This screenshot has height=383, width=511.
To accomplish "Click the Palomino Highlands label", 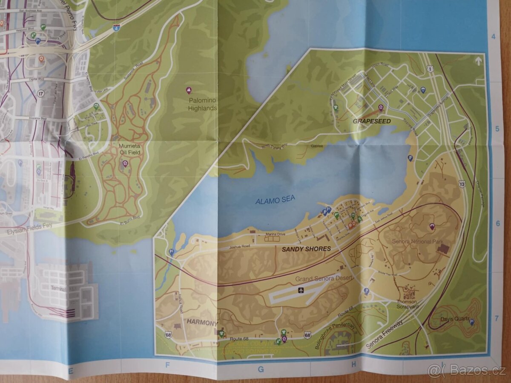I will pyautogui.click(x=202, y=104).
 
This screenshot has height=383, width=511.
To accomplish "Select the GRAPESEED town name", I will pyautogui.click(x=372, y=121).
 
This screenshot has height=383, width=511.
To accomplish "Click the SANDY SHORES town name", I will pyautogui.click(x=306, y=249).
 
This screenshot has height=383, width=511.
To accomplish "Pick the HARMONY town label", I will pyautogui.click(x=201, y=323).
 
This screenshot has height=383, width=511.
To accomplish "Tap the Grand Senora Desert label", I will pyautogui.click(x=324, y=278).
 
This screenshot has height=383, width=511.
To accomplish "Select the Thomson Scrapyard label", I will pyautogui.click(x=408, y=303).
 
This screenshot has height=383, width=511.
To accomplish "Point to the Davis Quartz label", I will pyautogui.click(x=455, y=319).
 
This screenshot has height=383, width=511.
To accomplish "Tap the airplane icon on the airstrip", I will pyautogui.click(x=301, y=290).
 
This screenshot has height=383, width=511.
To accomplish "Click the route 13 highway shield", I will pyautogui.click(x=462, y=184).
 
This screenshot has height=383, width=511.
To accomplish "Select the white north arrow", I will pyautogui.click(x=478, y=61).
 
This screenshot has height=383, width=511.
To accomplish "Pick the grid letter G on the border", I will pyautogui.click(x=261, y=369).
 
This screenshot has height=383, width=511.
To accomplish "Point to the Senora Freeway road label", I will pyautogui.click(x=384, y=335).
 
